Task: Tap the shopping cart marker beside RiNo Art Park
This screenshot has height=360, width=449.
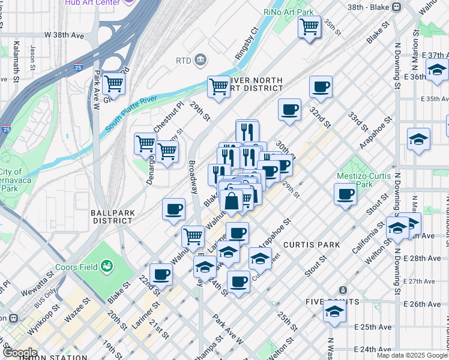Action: click(x=309, y=26)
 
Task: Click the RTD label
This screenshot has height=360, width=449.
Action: click(x=183, y=60)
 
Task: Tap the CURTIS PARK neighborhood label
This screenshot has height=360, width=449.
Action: click(x=312, y=245)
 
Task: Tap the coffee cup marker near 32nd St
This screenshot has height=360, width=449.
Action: click(x=321, y=86)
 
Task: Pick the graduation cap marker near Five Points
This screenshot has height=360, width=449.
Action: click(x=335, y=310)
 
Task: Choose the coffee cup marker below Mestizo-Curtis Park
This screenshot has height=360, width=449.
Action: click(x=346, y=194)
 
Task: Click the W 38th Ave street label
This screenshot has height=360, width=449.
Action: click(x=64, y=35)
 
